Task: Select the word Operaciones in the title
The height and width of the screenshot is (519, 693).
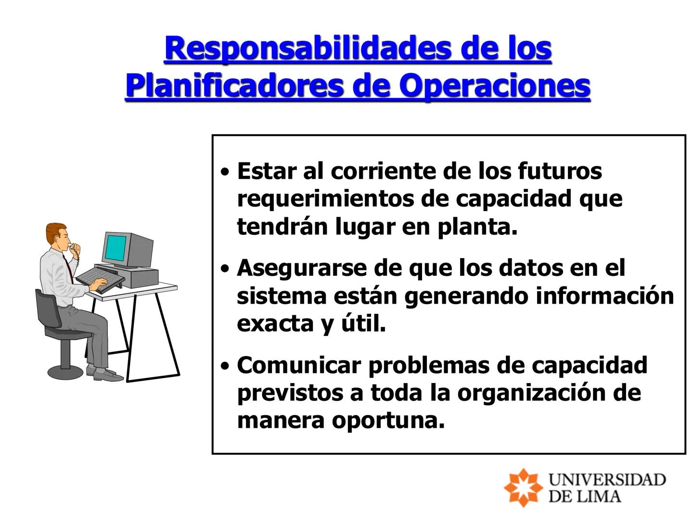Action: (495, 86)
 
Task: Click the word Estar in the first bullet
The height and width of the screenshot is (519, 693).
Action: (266, 171)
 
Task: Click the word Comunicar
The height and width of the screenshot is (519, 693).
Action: (298, 365)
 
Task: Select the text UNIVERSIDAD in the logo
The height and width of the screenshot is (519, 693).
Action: (607, 480)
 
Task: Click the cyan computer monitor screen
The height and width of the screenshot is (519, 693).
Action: (115, 247)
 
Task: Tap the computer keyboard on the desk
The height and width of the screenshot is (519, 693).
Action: (99, 278)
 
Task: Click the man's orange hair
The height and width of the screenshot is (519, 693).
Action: (55, 231)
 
